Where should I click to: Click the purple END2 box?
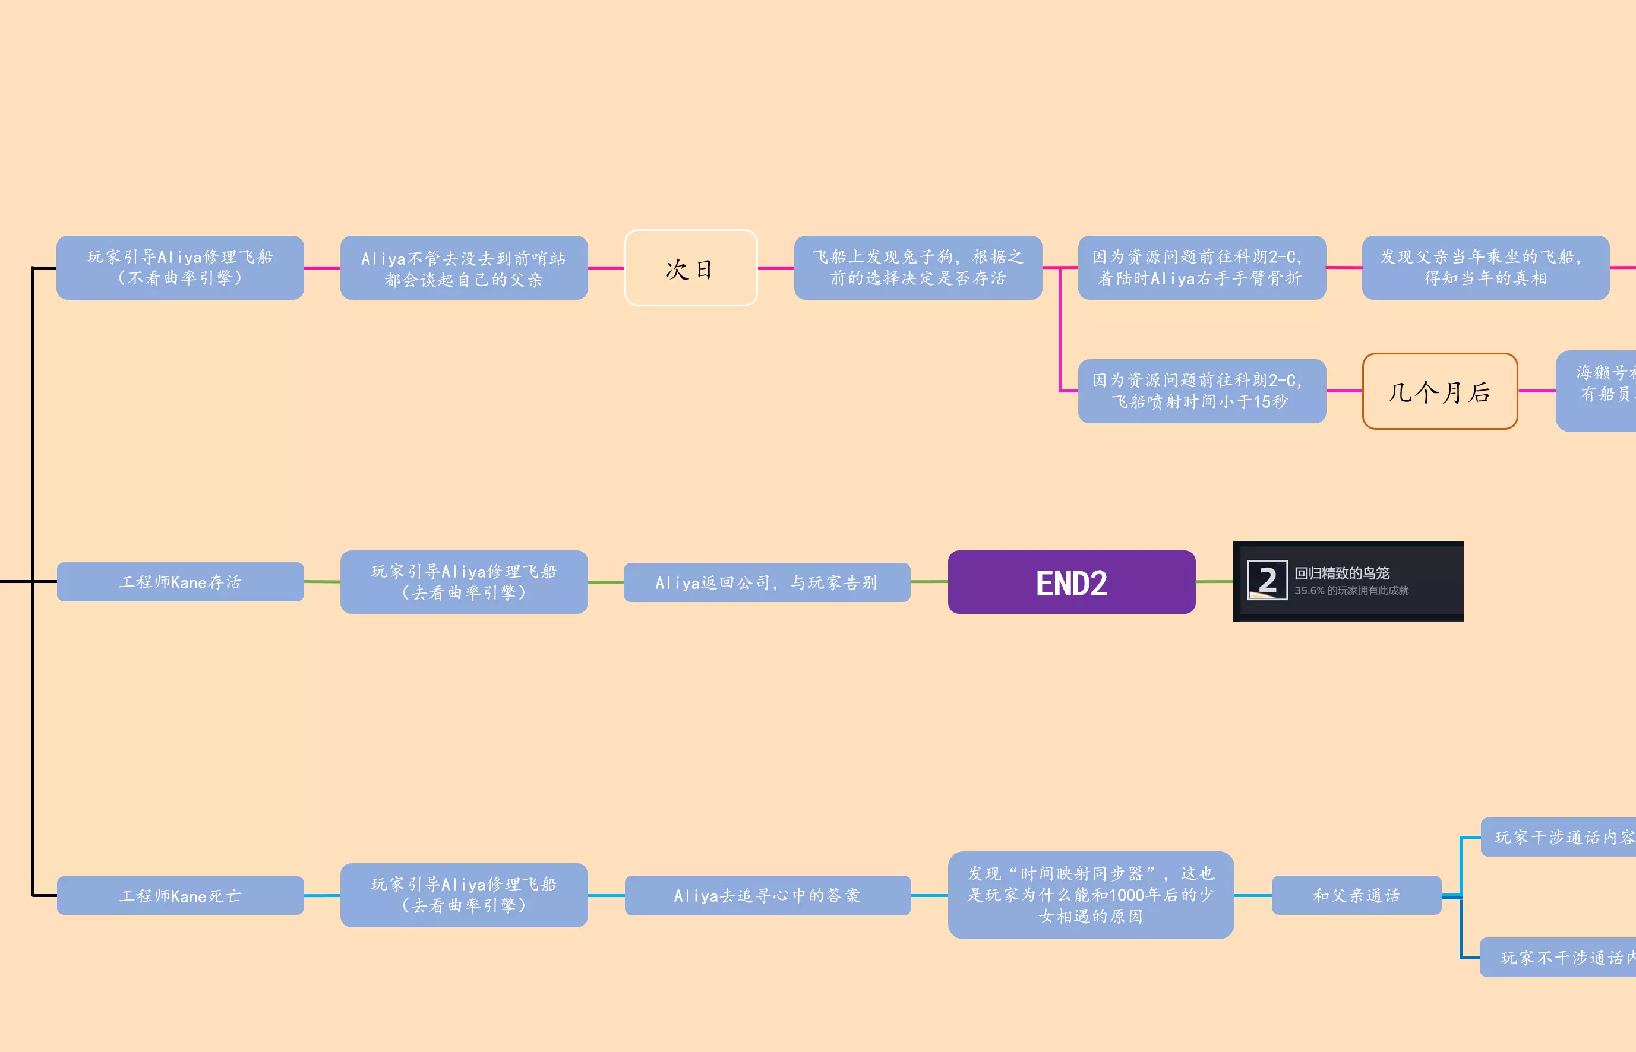(x=1071, y=582)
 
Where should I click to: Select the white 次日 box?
(x=690, y=268)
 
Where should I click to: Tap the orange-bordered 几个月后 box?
(x=1439, y=391)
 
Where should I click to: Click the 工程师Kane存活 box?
(x=181, y=582)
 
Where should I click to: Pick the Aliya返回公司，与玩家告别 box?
(x=766, y=582)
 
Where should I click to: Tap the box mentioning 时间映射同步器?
(x=1091, y=895)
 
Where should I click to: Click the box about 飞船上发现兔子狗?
(x=918, y=268)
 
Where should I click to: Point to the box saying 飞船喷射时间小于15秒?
(x=1201, y=391)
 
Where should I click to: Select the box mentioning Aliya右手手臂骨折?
(x=1201, y=268)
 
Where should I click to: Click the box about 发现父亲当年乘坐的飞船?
(x=1485, y=268)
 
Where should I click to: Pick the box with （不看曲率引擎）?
(x=181, y=268)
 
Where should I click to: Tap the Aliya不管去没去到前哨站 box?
(x=464, y=268)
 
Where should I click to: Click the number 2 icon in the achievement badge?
(x=1267, y=581)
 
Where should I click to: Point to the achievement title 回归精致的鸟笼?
(x=1341, y=573)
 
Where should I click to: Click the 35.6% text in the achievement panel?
(x=1309, y=591)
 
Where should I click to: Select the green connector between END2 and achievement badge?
(x=1214, y=581)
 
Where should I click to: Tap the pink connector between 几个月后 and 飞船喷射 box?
(x=1344, y=391)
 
